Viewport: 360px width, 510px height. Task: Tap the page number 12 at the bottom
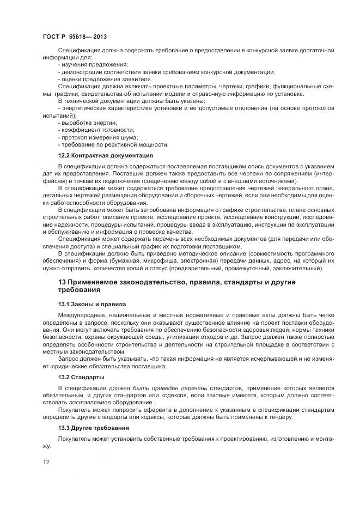[46, 462]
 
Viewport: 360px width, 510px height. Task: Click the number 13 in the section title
[62, 282]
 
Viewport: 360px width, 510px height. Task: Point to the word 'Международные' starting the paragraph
[82, 315]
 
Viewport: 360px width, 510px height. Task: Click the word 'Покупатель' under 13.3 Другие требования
[75, 439]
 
